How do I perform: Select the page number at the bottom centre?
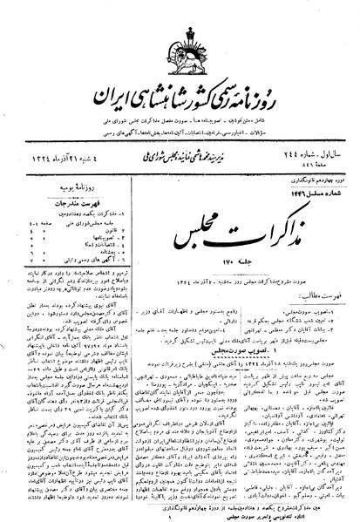click(181, 512)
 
